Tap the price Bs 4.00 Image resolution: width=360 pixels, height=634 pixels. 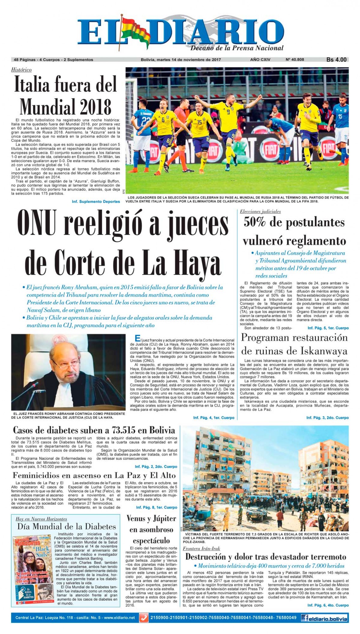pyautogui.click(x=336, y=60)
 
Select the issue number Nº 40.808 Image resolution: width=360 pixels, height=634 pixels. pyautogui.click(x=295, y=60)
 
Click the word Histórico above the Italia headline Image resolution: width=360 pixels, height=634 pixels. pyautogui.click(x=21, y=70)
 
